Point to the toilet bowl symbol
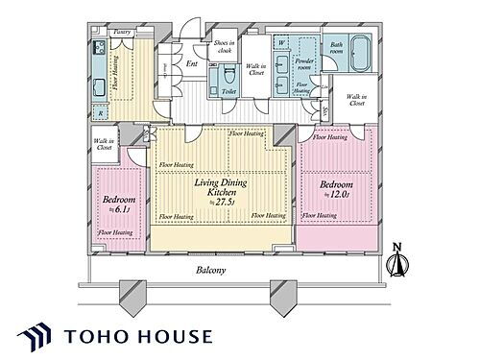point(228,78)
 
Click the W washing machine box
point(279,42)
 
